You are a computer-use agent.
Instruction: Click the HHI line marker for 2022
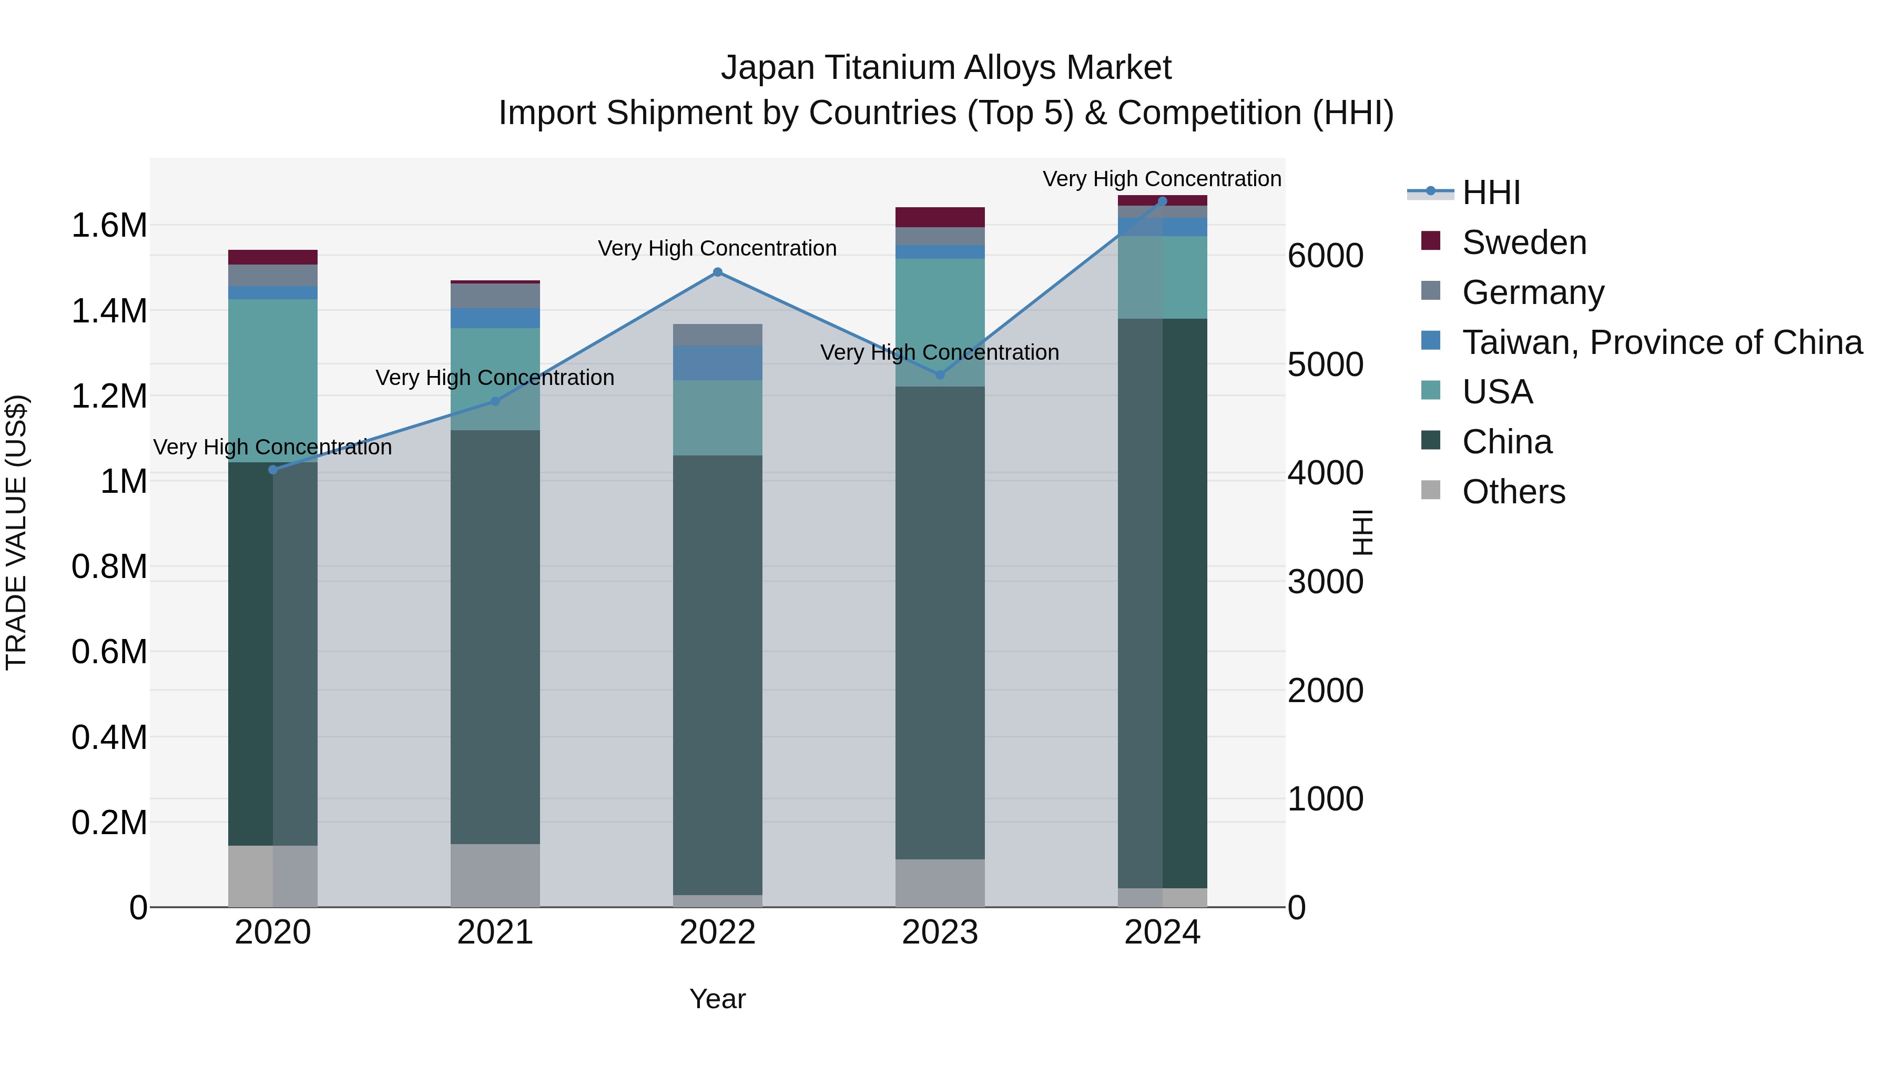pyautogui.click(x=717, y=272)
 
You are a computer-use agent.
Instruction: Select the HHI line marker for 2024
pyautogui.click(x=1162, y=201)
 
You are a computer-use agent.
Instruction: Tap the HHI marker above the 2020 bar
pyautogui.click(x=272, y=470)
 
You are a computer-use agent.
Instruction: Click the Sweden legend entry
pyautogui.click(x=1523, y=242)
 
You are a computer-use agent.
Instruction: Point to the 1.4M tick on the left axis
pyautogui.click(x=109, y=311)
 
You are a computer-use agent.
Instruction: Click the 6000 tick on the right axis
pyautogui.click(x=1325, y=256)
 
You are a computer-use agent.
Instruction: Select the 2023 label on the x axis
pyautogui.click(x=939, y=932)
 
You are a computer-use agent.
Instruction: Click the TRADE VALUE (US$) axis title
pyautogui.click(x=16, y=532)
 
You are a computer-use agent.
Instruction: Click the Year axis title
pyautogui.click(x=717, y=999)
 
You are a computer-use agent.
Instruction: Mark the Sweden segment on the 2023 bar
pyautogui.click(x=939, y=217)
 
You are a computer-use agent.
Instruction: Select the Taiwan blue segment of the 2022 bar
pyautogui.click(x=717, y=362)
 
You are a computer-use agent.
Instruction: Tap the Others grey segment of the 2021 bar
pyautogui.click(x=495, y=875)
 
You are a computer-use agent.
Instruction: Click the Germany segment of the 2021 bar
pyautogui.click(x=495, y=296)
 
